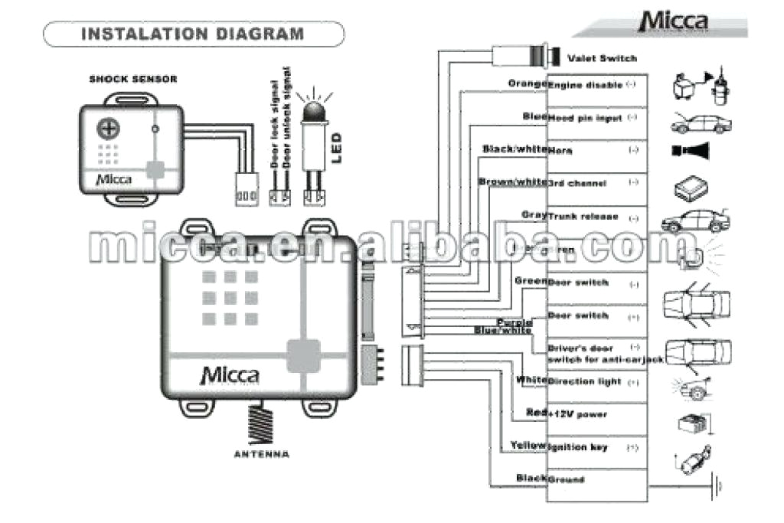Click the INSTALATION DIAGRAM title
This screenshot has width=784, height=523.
pos(192,34)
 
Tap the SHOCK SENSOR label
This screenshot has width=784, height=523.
pos(133,79)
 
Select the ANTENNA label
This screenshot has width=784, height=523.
pos(262,455)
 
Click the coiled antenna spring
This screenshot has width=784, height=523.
pos(262,424)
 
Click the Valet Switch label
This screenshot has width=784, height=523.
pos(602,58)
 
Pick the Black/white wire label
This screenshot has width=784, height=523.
pos(514,149)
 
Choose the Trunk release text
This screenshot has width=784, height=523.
pos(583,217)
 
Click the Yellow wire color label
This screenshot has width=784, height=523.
pos(528,446)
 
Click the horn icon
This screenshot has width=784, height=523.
pos(690,150)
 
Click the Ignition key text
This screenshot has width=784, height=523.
pos(578,447)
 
